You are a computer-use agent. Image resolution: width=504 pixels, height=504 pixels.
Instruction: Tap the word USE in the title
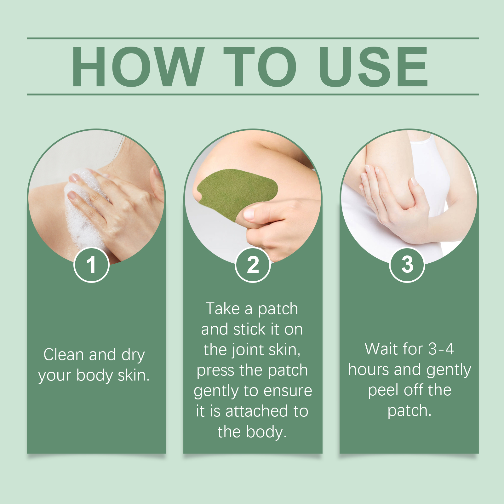(x=373, y=66)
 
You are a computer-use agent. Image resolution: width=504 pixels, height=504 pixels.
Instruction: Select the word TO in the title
(x=260, y=66)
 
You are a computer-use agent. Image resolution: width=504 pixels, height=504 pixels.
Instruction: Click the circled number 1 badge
(x=91, y=265)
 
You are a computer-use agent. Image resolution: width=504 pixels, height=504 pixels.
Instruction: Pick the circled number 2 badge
(x=253, y=265)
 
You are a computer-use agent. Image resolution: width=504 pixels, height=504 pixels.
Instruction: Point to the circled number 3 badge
(x=407, y=265)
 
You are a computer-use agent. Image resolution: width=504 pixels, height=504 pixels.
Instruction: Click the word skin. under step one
(x=134, y=375)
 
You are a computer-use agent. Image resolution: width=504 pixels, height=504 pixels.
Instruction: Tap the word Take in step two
(x=223, y=309)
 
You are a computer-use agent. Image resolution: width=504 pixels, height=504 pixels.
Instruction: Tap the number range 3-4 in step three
(x=441, y=349)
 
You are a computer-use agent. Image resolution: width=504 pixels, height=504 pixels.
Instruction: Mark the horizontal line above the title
(x=253, y=38)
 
